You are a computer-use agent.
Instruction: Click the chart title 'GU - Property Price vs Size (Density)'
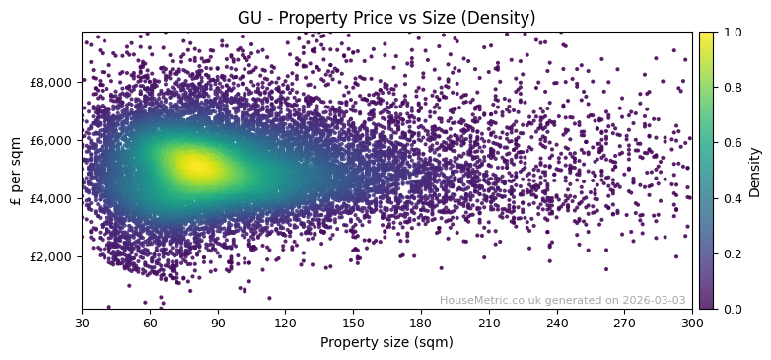(x=386, y=18)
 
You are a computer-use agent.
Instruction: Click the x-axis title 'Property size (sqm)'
(x=386, y=342)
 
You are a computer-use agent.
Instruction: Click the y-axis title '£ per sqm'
(x=16, y=171)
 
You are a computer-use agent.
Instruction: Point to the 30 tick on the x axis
(x=82, y=322)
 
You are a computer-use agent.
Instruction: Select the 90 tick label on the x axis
(x=218, y=322)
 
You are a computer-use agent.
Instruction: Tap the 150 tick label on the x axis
(x=353, y=322)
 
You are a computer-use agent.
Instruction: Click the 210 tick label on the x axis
(x=489, y=322)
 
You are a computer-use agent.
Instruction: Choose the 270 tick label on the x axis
(x=624, y=322)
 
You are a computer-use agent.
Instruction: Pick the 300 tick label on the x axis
(x=692, y=322)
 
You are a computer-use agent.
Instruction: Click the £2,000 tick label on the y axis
(x=51, y=256)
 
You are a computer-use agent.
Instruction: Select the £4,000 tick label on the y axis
(x=51, y=198)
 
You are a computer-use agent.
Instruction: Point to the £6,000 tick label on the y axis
(x=51, y=140)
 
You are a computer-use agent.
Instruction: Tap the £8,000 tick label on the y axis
(x=51, y=82)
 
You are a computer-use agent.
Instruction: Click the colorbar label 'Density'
(x=755, y=171)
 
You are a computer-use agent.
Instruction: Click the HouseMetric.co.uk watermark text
(x=562, y=300)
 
